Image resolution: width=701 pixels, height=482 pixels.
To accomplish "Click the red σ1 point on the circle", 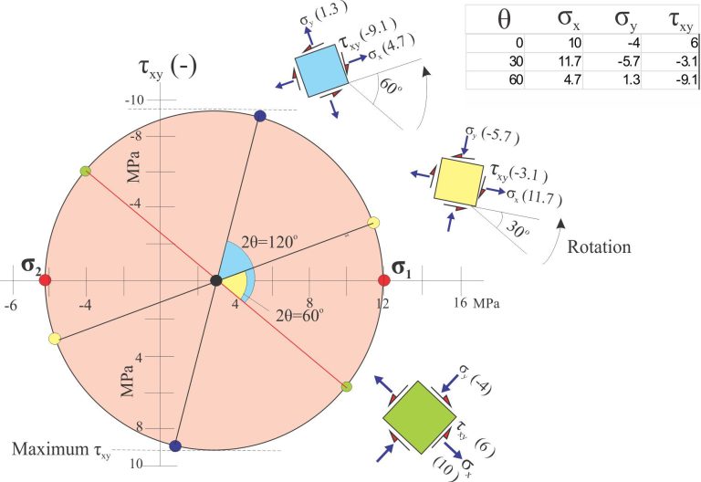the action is [384, 280].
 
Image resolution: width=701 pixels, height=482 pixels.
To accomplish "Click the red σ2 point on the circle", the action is [45, 280].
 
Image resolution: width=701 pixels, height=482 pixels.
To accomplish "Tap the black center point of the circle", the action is [216, 280].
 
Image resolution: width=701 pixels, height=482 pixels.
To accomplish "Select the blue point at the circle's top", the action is [260, 116].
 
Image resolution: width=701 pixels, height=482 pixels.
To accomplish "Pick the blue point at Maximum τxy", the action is [175, 445].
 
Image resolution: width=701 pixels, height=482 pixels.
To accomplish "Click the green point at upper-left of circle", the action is [86, 171].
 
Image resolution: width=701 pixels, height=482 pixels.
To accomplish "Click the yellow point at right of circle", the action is [373, 223].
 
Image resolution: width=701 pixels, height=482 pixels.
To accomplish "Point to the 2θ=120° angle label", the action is [269, 242].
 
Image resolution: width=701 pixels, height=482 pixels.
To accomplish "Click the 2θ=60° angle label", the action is [299, 315].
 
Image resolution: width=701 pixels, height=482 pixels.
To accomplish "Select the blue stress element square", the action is [321, 70].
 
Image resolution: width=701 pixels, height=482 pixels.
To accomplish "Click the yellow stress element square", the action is [459, 182].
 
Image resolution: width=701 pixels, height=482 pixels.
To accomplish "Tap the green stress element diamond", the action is [419, 417].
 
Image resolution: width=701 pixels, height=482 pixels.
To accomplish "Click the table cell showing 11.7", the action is [570, 61].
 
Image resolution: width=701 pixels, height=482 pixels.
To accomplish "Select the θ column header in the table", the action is [504, 19].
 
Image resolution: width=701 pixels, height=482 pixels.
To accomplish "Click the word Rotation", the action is [599, 246].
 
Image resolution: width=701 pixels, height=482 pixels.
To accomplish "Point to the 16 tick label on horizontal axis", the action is [460, 303].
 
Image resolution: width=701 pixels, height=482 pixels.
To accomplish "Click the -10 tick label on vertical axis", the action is [134, 100].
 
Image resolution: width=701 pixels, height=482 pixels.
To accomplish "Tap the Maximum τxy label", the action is [61, 450].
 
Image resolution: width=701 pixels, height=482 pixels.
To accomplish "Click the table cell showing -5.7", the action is [628, 61].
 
